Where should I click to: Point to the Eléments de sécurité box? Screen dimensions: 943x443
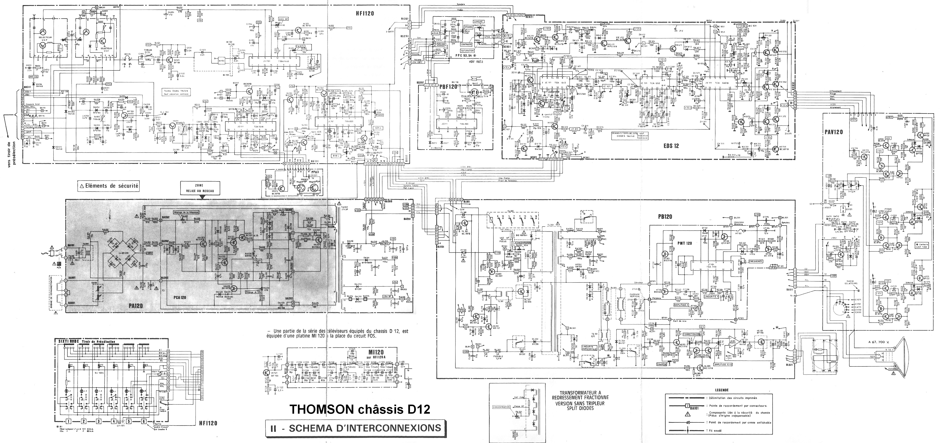[109, 186]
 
